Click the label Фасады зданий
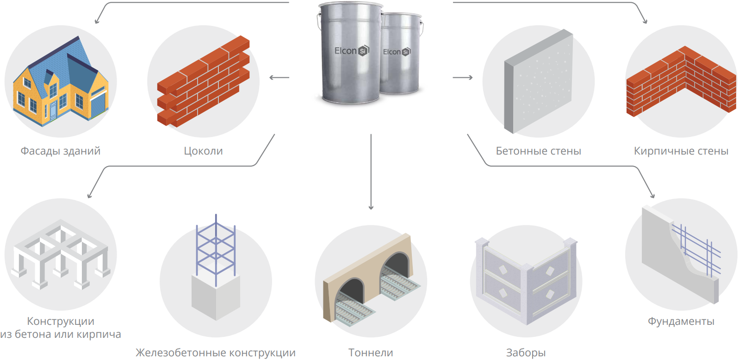pyautogui.click(x=60, y=151)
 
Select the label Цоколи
pyautogui.click(x=203, y=151)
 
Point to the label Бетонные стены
pyautogui.click(x=538, y=151)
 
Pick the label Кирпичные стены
pyautogui.click(x=681, y=151)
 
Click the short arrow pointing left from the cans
pyautogui.click(x=279, y=77)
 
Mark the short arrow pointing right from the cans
pyautogui.click(x=462, y=77)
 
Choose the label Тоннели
pyautogui.click(x=371, y=353)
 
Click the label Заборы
pyautogui.click(x=526, y=353)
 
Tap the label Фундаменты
pyautogui.click(x=681, y=321)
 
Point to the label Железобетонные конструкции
pyautogui.click(x=215, y=353)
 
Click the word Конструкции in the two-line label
pyautogui.click(x=61, y=321)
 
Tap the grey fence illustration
pyautogui.click(x=526, y=282)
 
